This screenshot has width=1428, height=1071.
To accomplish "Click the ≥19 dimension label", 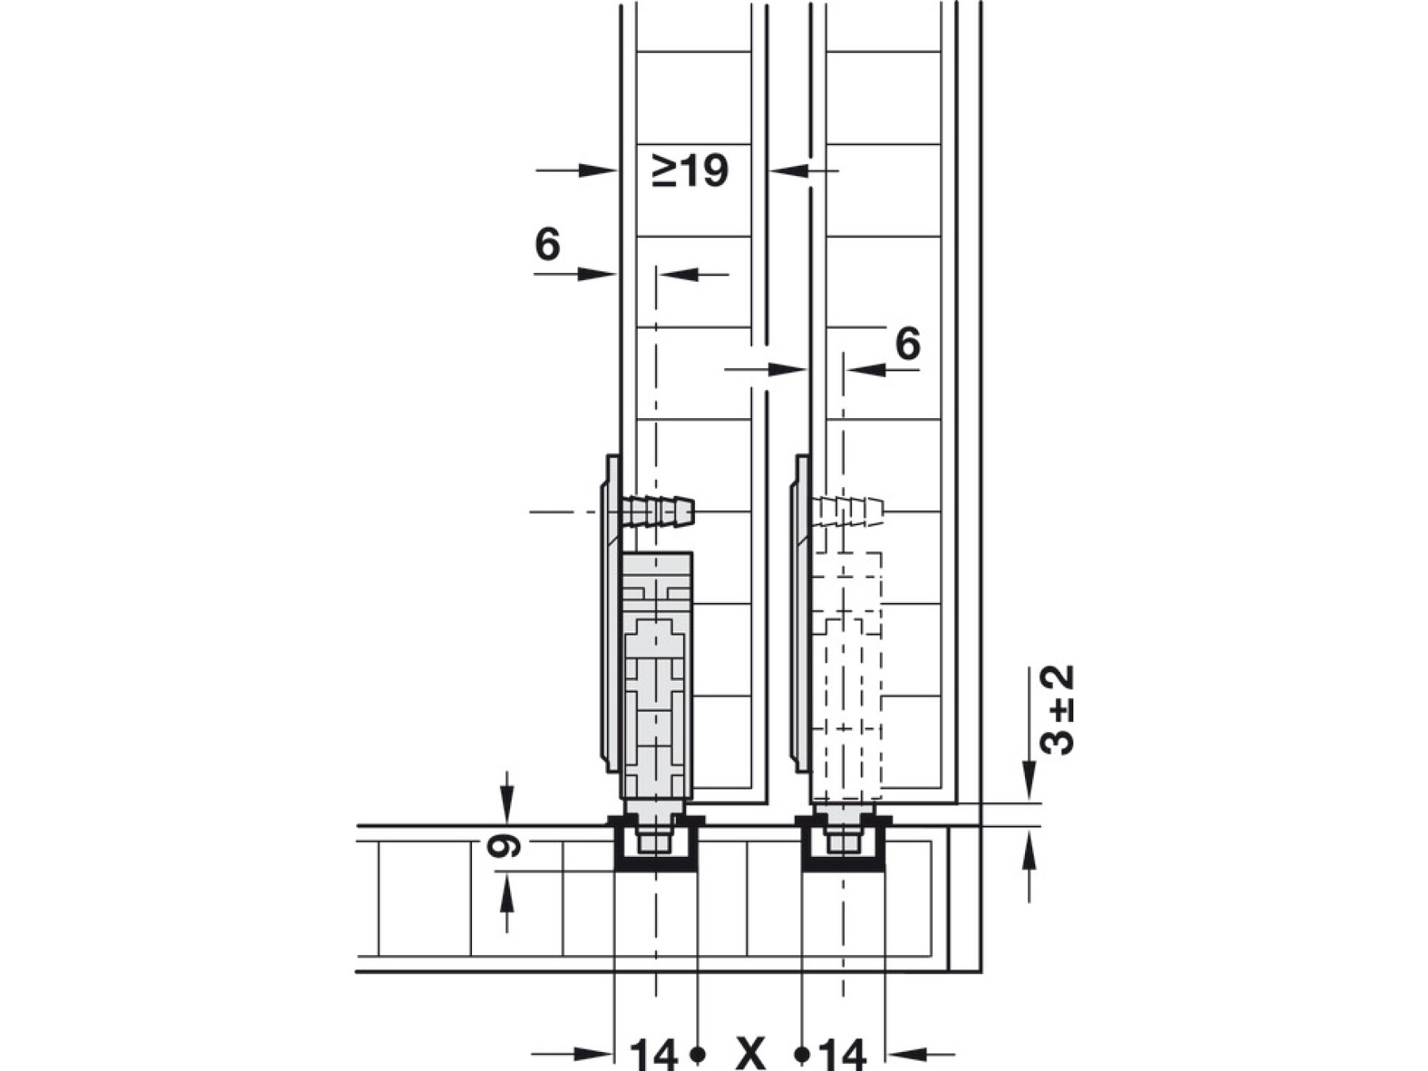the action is pos(690,171).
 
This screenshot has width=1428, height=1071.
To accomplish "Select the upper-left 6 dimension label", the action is pos(547,244).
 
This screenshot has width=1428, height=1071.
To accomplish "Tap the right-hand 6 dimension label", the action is pos(908,344).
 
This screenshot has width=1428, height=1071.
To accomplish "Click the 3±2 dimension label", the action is pos(1057,710).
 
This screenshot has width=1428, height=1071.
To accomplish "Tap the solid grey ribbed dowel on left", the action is pos(658,512).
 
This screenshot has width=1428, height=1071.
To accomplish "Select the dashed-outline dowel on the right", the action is pos(847,512).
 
